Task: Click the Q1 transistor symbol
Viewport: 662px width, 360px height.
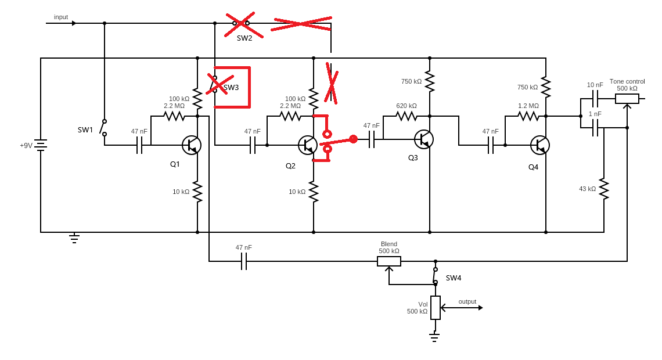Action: pyautogui.click(x=192, y=145)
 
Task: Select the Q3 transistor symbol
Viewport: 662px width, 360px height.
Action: pyautogui.click(x=424, y=139)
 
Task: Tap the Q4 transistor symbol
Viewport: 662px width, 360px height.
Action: pyautogui.click(x=540, y=145)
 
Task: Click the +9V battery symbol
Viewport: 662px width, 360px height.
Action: pyautogui.click(x=41, y=145)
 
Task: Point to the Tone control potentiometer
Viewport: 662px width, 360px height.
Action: pyautogui.click(x=627, y=99)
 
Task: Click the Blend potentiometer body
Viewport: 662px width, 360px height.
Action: pyautogui.click(x=389, y=261)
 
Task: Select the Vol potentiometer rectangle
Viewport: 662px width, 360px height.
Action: pyautogui.click(x=436, y=308)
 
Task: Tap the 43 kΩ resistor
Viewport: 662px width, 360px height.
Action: pyautogui.click(x=604, y=189)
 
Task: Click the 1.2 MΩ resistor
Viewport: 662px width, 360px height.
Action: pyautogui.click(x=528, y=116)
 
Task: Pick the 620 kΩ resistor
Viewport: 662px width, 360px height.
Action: pyautogui.click(x=406, y=116)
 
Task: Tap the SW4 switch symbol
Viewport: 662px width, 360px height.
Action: pyautogui.click(x=436, y=275)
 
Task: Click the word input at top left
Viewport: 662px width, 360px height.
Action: pyautogui.click(x=61, y=17)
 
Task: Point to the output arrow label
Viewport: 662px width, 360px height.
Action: pyautogui.click(x=467, y=301)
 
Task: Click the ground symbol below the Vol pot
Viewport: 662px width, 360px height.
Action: pyautogui.click(x=434, y=335)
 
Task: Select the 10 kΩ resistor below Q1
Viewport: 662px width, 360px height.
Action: pyautogui.click(x=197, y=192)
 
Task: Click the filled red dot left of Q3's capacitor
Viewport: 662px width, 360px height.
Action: pyautogui.click(x=353, y=139)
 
